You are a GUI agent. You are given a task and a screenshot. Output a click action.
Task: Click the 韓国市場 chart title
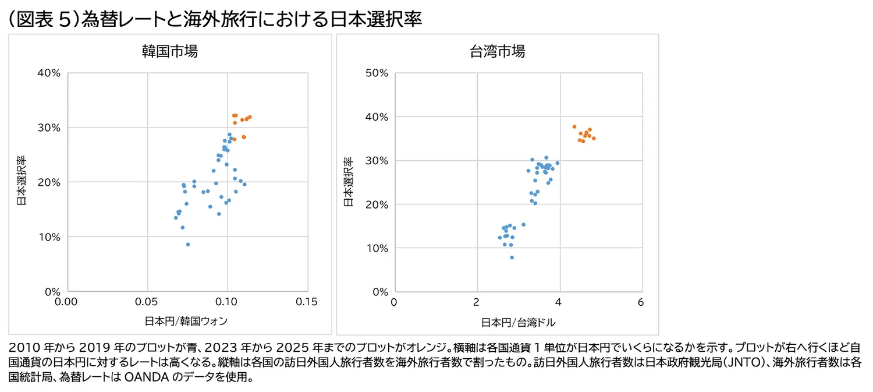click(x=170, y=51)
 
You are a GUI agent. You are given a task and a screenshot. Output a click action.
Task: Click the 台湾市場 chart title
click(x=497, y=51)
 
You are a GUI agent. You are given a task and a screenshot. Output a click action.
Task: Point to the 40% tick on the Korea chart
click(x=49, y=73)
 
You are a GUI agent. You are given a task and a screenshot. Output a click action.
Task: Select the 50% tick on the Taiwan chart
click(x=377, y=73)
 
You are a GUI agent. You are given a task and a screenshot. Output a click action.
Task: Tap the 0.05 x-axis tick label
click(x=147, y=302)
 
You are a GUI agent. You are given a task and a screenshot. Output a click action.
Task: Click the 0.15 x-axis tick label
click(x=307, y=302)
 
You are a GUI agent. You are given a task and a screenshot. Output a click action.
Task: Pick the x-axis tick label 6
click(x=641, y=302)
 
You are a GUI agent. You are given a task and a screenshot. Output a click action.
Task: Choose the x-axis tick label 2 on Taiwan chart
click(x=476, y=302)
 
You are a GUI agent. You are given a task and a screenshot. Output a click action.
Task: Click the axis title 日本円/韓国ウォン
click(x=186, y=321)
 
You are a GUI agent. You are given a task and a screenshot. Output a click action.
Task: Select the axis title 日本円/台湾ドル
click(x=519, y=323)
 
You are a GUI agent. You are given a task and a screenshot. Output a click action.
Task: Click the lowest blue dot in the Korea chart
click(x=188, y=245)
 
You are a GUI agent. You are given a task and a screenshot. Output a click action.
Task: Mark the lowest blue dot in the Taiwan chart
click(x=512, y=257)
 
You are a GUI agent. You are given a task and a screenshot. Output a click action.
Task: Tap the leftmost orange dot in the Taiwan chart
click(x=574, y=127)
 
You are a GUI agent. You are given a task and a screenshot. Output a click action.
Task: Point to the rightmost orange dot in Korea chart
click(x=250, y=117)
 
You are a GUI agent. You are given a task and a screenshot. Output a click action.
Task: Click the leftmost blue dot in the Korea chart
click(x=176, y=218)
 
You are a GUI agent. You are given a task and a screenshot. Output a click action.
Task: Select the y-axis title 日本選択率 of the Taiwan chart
click(x=349, y=182)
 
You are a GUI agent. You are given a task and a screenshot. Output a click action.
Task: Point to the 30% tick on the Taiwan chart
click(x=377, y=160)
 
